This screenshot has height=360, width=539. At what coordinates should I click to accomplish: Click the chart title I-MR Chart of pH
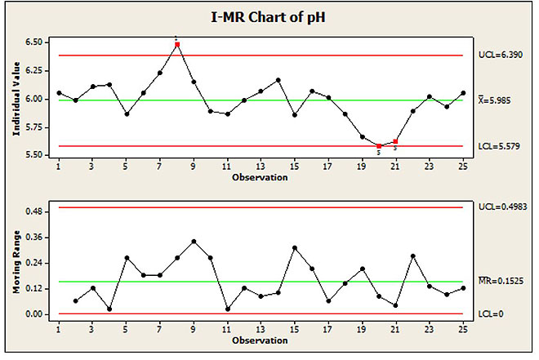[269, 16]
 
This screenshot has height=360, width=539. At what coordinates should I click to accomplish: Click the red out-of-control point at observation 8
[177, 44]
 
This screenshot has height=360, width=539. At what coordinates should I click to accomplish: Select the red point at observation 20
[379, 145]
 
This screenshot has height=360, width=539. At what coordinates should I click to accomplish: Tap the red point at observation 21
[396, 141]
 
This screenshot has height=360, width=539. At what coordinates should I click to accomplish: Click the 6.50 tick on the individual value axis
[37, 42]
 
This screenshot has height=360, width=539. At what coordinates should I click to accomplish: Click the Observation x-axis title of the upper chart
[261, 177]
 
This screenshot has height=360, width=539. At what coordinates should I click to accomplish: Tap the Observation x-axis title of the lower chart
[261, 337]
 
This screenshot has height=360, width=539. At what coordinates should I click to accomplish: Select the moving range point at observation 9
[194, 242]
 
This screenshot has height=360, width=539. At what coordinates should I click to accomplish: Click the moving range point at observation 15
[295, 247]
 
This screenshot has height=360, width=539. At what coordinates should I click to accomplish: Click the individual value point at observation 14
[278, 80]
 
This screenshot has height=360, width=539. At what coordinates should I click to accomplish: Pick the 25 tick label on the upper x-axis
[463, 167]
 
